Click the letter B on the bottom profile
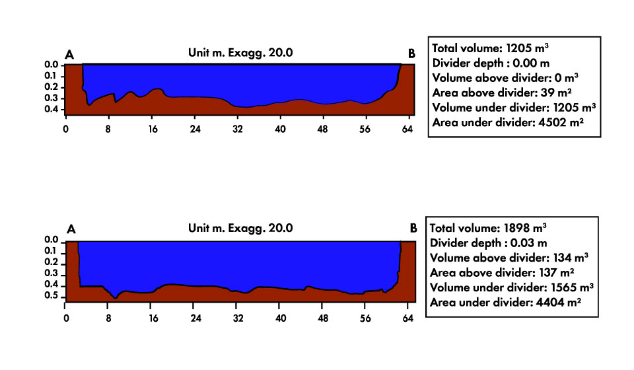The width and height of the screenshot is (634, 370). tap(413, 229)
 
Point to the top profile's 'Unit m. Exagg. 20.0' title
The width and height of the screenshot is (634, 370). tap(240, 54)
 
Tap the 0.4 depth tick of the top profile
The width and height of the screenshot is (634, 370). tap(51, 110)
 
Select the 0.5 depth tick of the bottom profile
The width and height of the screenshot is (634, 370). tap(51, 297)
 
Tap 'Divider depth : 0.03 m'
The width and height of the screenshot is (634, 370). tap(490, 242)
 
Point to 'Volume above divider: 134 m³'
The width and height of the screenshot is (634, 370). tap(509, 257)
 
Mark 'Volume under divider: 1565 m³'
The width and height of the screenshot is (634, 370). tap(511, 287)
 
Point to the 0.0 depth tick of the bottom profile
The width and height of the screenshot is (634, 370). tap(51, 240)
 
